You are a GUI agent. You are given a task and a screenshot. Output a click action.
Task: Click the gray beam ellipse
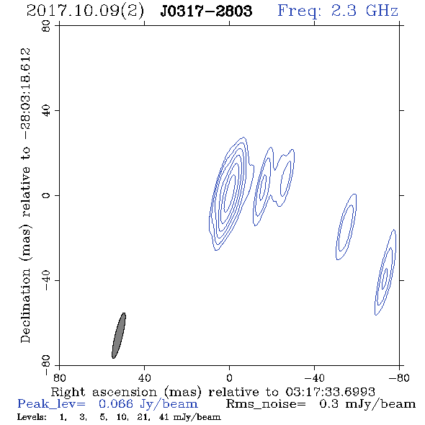point(119,336)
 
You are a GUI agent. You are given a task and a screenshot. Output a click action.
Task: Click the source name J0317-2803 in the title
point(206,11)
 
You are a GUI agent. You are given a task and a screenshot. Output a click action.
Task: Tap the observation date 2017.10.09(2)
point(85,12)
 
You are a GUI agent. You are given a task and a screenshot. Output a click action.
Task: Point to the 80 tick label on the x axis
point(59,378)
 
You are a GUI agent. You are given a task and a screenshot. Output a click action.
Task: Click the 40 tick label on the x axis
point(144,378)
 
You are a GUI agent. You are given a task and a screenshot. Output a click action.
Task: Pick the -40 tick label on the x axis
point(314,378)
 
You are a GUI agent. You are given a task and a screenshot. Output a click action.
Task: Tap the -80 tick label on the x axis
point(399,378)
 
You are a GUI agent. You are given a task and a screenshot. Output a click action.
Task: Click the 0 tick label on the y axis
point(46,195)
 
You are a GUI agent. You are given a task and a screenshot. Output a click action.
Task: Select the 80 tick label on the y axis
point(46,27)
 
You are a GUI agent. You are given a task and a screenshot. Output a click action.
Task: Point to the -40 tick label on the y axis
point(46,280)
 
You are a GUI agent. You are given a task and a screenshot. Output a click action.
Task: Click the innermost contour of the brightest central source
point(230,193)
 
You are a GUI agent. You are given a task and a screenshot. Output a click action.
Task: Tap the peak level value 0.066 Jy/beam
point(148,404)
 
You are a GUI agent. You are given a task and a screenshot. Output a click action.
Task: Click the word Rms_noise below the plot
point(266,404)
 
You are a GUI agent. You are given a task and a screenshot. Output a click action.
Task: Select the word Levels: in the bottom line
point(32,417)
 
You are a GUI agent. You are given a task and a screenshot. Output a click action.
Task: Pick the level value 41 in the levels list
point(164,417)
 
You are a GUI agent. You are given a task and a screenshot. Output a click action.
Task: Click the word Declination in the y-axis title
point(25,306)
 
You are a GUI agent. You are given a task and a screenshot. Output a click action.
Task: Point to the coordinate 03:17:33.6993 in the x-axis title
point(330,392)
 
